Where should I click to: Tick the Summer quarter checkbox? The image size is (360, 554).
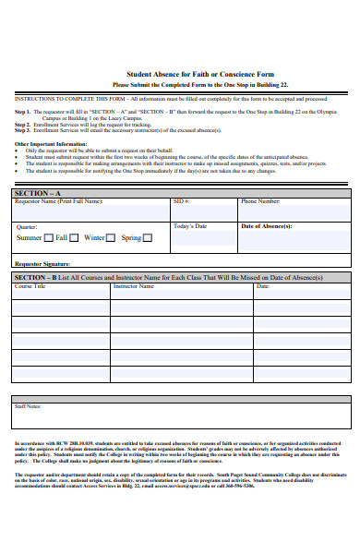48,237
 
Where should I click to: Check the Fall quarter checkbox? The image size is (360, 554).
74,237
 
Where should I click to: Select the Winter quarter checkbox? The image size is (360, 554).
110,237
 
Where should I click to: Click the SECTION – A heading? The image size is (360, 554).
38,192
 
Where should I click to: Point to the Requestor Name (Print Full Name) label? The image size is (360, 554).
55,201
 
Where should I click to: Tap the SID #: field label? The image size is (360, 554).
181,201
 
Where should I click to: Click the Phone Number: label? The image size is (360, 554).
260,201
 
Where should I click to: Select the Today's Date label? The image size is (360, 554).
190,226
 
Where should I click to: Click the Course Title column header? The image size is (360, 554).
30,286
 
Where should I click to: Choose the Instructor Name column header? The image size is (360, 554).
134,286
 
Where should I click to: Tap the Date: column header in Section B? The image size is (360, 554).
263,286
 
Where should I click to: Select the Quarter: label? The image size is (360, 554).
28,226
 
